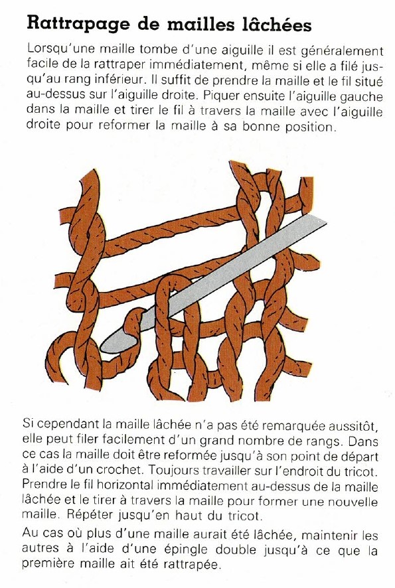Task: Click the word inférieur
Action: pyautogui.click(x=120, y=80)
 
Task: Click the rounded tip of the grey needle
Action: pyautogui.click(x=104, y=347)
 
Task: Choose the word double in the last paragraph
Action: pyautogui.click(x=236, y=550)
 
